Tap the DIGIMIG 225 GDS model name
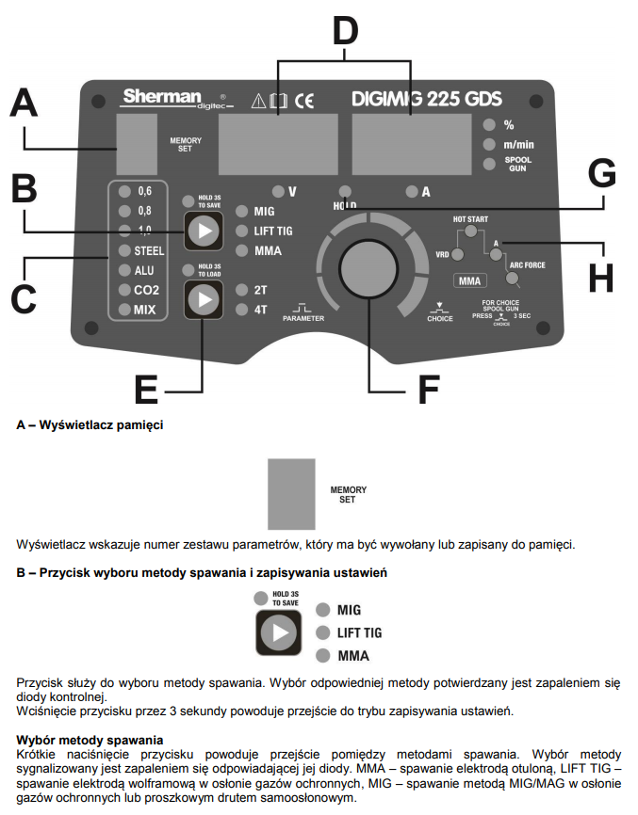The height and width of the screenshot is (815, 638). pos(426,99)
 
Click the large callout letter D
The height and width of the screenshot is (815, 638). pos(346,32)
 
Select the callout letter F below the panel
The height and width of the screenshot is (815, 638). pos(429,387)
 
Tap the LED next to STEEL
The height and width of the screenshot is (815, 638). pos(123,250)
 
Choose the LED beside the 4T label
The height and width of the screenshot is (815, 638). pos(240,308)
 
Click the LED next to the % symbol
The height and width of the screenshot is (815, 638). pos(488,124)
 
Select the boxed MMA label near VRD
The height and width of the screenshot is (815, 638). pos(468,280)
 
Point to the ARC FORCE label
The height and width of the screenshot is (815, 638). pos(528,266)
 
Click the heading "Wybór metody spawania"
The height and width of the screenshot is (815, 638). pos(90,741)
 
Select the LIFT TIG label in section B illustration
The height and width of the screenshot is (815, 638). pos(359,632)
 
